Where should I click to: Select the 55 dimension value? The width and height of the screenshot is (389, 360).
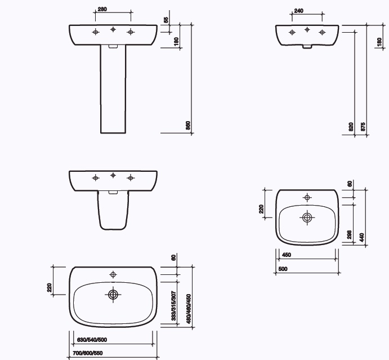click(166, 20)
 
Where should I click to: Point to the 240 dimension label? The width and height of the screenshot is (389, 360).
click(298, 10)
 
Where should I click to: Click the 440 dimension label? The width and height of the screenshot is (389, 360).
click(362, 237)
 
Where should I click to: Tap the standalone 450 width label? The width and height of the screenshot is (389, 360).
click(286, 255)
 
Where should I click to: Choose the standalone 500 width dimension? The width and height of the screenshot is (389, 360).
click(283, 269)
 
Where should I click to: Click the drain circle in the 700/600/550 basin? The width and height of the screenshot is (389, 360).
click(113, 294)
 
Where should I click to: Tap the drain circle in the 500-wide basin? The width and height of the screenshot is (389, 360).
click(307, 217)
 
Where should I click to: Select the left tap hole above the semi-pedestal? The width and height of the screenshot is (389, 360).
click(96, 178)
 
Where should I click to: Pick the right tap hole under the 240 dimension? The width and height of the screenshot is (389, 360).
click(323, 32)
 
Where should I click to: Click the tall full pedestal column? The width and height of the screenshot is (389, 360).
click(113, 90)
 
